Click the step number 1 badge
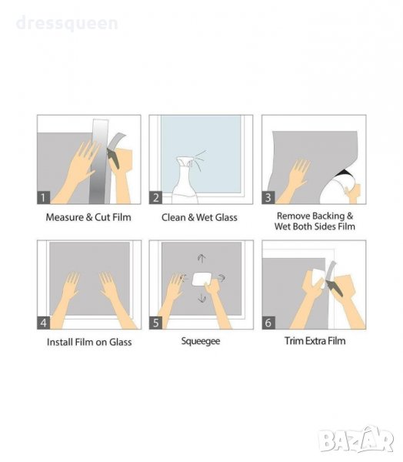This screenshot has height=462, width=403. [x=43, y=197]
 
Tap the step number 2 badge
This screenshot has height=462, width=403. [x=155, y=197]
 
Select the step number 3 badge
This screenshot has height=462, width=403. [x=268, y=197]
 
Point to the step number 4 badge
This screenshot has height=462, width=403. [x=43, y=323]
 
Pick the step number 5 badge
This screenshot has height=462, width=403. [x=155, y=323]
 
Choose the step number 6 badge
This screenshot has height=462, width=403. [x=268, y=323]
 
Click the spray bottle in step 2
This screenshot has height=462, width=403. [x=185, y=180]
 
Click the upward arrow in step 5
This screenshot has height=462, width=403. [x=201, y=258]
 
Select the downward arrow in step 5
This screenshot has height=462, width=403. [x=201, y=298]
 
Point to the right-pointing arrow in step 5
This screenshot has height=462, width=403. [x=221, y=277]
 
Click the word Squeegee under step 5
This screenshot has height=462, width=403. [x=201, y=341]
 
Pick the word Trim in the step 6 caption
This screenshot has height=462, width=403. [x=294, y=341]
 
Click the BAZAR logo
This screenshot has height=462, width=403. [x=356, y=440]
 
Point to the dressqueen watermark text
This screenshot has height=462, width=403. [x=67, y=23]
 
